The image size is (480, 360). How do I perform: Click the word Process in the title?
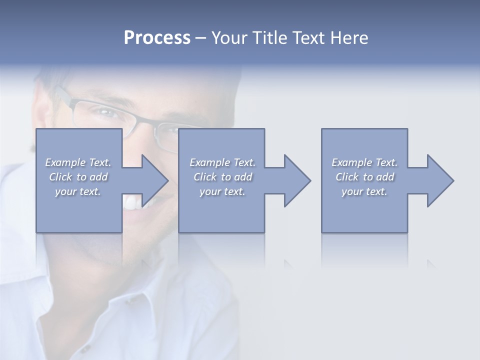click(157, 38)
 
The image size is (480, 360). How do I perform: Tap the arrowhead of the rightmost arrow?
click(439, 180)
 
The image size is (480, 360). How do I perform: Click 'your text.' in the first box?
click(78, 191)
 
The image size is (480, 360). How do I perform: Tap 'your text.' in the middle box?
click(222, 191)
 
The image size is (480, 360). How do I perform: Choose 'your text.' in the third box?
click(364, 191)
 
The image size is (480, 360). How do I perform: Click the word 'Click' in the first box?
click(60, 177)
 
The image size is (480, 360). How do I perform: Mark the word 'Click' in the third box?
click(347, 177)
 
